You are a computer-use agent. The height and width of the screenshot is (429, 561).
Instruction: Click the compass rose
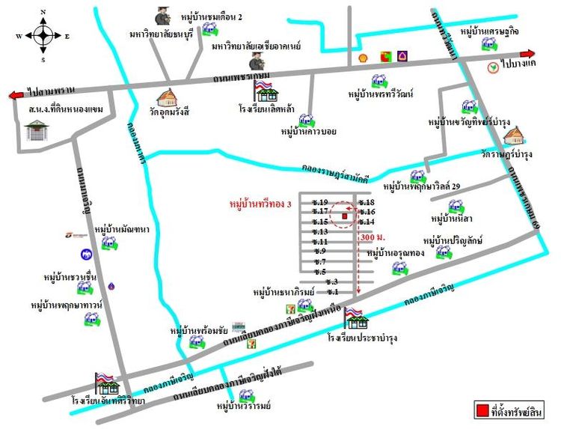coord(43,34)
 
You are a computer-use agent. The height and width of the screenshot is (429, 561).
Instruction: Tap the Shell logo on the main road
coord(364,56)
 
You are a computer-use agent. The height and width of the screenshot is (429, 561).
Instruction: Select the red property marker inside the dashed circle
coord(344,216)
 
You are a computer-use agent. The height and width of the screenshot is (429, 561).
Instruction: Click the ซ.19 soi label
coord(321,202)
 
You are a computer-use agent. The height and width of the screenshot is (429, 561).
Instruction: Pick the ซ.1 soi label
coord(332,291)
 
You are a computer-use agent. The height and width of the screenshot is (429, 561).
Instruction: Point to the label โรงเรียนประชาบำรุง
coord(361,338)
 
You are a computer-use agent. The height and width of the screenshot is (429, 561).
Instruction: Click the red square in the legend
coord(483,410)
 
